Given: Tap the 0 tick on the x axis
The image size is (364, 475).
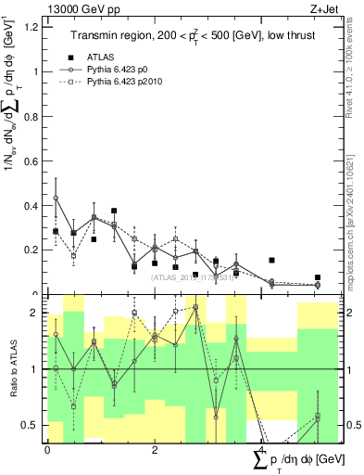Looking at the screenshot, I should [x=47, y=450].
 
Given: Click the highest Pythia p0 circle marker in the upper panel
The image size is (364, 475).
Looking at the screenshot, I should [x=56, y=198].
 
